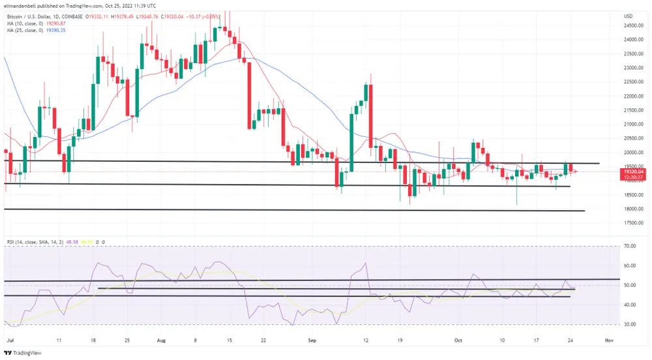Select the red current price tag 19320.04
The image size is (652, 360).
[x=634, y=172]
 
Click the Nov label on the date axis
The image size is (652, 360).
[x=609, y=340]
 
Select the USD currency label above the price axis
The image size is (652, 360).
[x=629, y=16]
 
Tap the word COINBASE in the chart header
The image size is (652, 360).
[x=72, y=15]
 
